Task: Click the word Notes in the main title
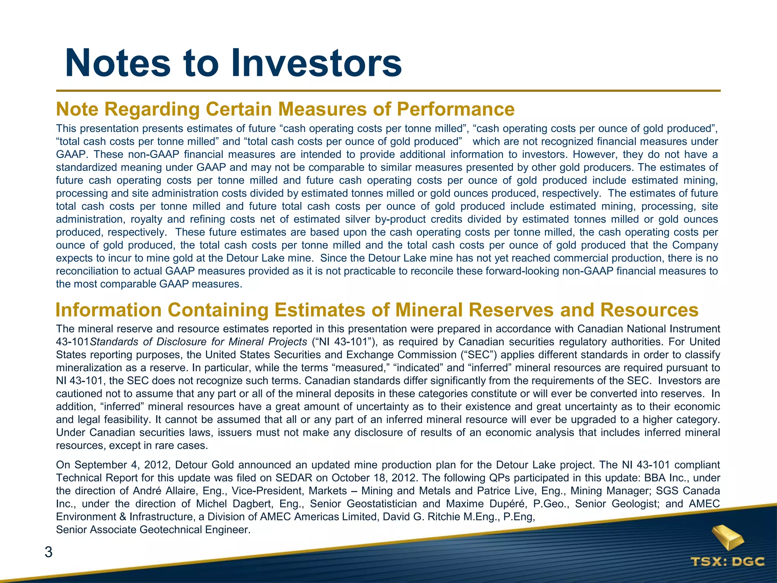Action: point(118,63)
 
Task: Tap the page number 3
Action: point(49,552)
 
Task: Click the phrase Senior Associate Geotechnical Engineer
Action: point(153,529)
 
